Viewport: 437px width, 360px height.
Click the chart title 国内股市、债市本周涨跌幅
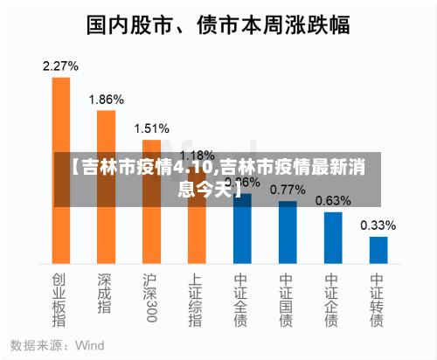click(x=218, y=24)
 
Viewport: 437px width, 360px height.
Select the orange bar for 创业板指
click(x=60, y=170)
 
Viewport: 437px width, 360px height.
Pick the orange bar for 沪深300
click(x=151, y=201)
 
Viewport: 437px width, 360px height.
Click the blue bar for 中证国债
click(x=288, y=232)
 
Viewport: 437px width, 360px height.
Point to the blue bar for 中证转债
click(x=378, y=250)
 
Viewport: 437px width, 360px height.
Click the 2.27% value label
click(x=60, y=66)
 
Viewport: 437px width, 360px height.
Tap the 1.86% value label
click(x=106, y=99)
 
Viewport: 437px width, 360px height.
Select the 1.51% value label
click(x=151, y=128)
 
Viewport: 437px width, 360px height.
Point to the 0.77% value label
click(x=288, y=189)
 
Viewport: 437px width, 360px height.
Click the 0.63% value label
click(x=333, y=200)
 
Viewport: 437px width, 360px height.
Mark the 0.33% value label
click(x=378, y=225)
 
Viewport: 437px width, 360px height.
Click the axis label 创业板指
click(x=60, y=301)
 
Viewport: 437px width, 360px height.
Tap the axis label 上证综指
click(x=197, y=301)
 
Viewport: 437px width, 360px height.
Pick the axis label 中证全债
click(x=242, y=301)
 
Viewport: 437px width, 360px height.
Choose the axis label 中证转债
click(x=378, y=301)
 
